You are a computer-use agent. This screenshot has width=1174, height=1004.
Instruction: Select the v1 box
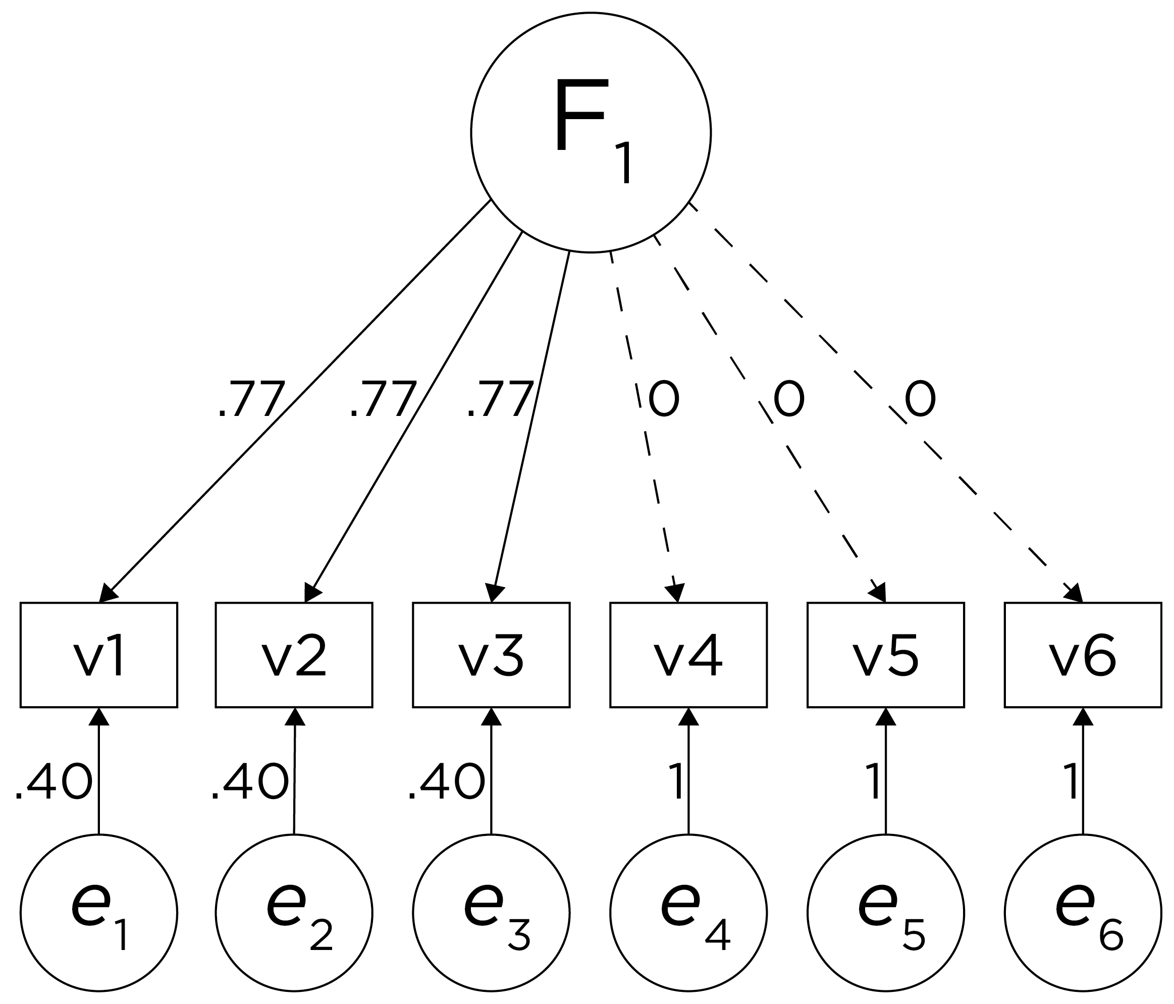(99, 655)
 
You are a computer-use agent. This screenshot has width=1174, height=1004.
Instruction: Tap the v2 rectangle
(294, 655)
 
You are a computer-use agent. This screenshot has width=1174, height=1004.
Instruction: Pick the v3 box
(491, 655)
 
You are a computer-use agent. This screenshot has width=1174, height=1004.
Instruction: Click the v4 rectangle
(688, 655)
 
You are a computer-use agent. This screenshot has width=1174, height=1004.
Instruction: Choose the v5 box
(886, 655)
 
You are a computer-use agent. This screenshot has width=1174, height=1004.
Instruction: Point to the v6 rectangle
(1083, 655)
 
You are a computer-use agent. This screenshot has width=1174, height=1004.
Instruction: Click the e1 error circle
(99, 913)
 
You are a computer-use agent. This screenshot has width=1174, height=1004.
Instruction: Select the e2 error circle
(294, 913)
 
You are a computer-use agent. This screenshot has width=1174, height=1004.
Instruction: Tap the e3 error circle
(491, 913)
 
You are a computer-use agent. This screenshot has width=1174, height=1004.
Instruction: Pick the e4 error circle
(688, 913)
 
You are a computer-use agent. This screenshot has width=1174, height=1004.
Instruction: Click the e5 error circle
(886, 913)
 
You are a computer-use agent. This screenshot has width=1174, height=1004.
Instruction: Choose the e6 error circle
(1083, 913)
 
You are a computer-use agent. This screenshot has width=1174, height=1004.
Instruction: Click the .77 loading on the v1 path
(251, 400)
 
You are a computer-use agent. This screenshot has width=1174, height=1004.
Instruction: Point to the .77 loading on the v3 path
(500, 400)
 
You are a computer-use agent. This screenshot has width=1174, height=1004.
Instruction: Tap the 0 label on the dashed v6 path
(920, 400)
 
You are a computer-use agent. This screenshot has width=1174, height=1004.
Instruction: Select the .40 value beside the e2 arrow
(250, 782)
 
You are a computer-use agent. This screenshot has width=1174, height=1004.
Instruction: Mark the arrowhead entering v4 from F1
(675, 593)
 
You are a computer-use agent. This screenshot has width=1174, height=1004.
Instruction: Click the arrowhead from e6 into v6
(1083, 717)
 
